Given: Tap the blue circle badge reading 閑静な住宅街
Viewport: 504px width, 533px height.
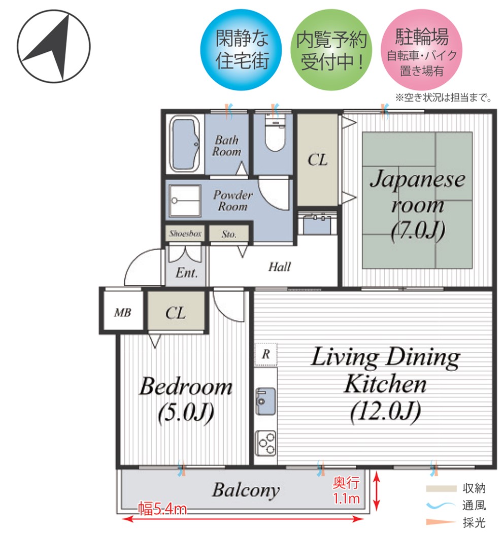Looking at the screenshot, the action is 241,50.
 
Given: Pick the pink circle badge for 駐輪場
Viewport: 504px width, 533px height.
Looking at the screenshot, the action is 421,50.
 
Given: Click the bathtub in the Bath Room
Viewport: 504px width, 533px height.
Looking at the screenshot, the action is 185,144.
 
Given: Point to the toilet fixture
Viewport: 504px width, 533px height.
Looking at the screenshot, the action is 275,133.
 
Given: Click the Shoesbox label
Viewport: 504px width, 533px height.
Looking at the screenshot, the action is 186,234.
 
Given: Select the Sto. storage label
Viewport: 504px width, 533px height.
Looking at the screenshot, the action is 229,234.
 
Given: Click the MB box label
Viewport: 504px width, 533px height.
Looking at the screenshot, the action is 122,312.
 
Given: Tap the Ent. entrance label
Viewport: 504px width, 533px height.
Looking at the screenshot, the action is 187,273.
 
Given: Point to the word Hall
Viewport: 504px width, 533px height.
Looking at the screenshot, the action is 279,266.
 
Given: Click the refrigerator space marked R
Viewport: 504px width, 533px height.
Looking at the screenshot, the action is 266,354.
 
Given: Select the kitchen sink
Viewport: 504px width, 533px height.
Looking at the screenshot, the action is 265,401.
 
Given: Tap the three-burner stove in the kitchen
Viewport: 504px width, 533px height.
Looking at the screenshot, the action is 266,443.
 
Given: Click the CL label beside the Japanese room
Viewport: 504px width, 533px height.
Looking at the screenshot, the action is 318,160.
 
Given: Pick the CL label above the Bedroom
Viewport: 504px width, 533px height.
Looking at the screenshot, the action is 176,313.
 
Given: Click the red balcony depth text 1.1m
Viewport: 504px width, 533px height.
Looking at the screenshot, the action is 346,498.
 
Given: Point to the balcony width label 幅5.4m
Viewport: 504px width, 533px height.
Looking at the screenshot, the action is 162,509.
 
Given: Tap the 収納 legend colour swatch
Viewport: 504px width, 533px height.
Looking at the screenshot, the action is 441,488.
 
